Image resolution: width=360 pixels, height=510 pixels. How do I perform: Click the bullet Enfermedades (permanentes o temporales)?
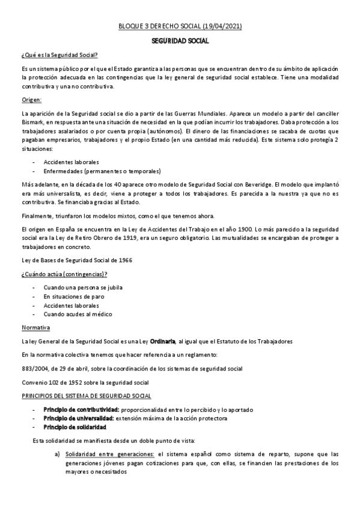coord(94,170)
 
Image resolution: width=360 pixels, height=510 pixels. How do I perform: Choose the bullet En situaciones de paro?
coord(73,296)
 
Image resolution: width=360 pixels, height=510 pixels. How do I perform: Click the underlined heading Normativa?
coord(35,328)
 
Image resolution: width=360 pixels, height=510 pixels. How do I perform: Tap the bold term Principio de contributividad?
coord(79,410)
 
